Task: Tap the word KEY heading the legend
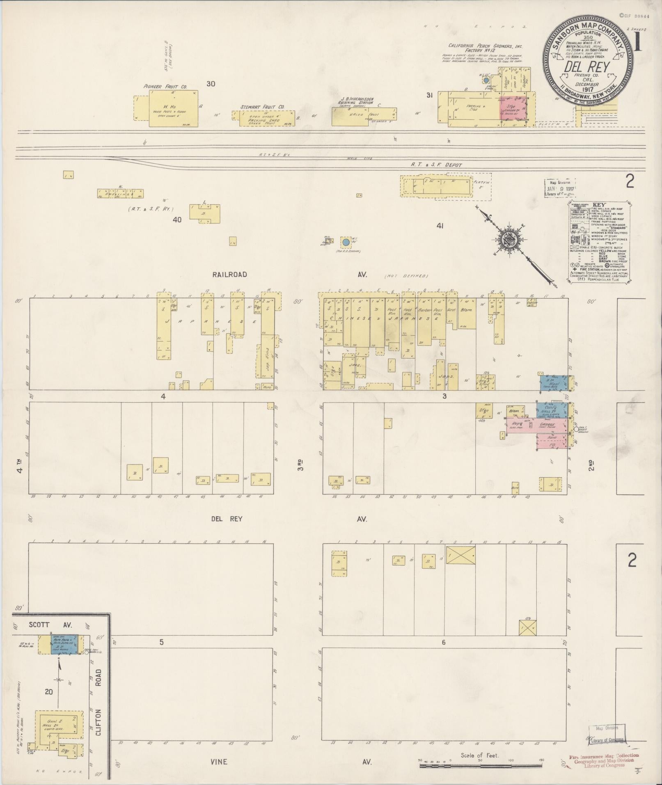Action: click(599, 204)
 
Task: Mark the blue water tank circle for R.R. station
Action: click(346, 242)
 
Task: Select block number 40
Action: click(177, 220)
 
